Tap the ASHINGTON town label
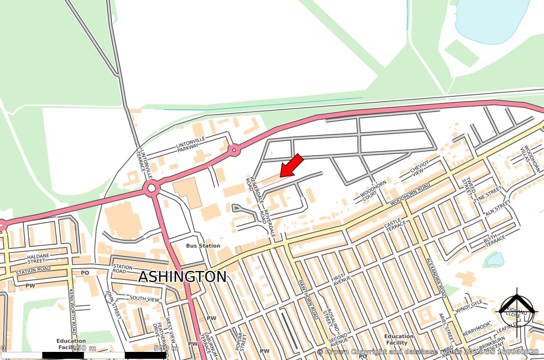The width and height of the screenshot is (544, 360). point(182,277)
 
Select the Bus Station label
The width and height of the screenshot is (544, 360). point(203,246)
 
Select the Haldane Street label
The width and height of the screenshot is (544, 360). point(38,258)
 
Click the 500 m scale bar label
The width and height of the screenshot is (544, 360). point(166,348)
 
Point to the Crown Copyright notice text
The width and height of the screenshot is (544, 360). point(427,352)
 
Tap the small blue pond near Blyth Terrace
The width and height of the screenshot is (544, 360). point(495,259)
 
